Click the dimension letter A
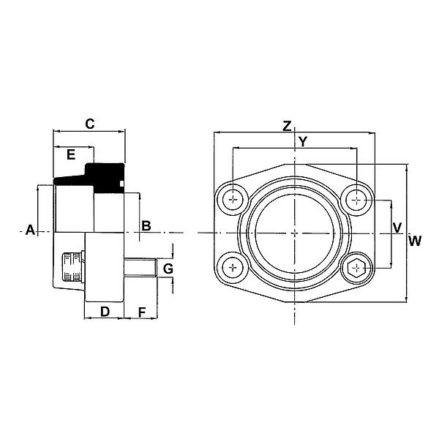(30, 230)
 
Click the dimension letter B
(146, 225)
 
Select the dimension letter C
(89, 124)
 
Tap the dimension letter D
(105, 312)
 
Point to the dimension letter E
(71, 154)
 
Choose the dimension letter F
(143, 312)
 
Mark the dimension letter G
(168, 269)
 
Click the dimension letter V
(397, 227)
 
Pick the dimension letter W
(415, 241)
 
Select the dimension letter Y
(301, 142)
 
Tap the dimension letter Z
(288, 126)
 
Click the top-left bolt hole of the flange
(233, 198)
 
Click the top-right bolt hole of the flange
(356, 198)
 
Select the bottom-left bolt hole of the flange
(233, 268)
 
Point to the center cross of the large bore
(294, 233)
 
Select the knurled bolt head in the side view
(71, 268)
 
